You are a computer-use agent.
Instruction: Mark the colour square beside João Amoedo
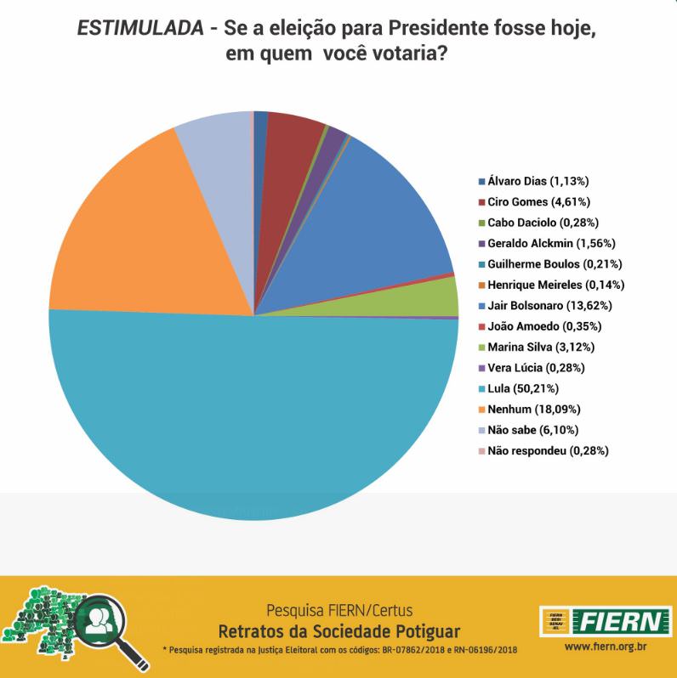click(482, 326)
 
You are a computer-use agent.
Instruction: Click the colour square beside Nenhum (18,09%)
click(482, 409)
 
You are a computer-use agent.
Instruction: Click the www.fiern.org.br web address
click(602, 649)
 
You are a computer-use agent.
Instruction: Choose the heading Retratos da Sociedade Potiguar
click(338, 630)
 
